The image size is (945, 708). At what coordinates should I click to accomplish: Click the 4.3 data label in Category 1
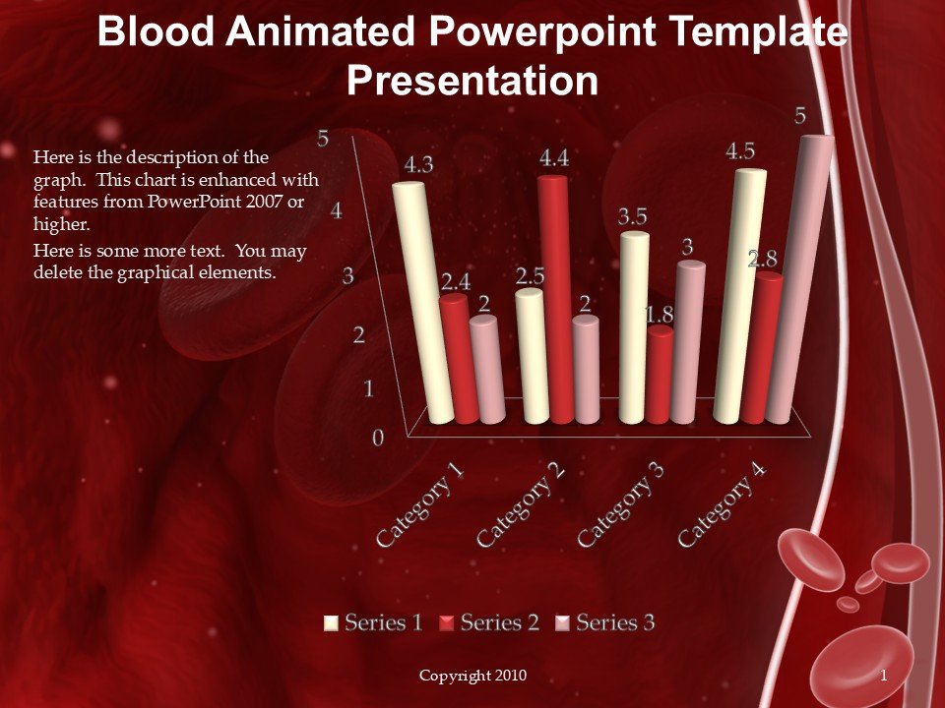(x=418, y=165)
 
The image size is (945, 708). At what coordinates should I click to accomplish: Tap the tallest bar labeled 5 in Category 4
(x=799, y=280)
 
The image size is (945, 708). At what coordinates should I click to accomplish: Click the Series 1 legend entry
(x=373, y=622)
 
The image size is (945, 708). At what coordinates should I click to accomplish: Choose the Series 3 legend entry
(x=604, y=622)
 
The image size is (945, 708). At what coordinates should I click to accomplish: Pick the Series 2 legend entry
(x=489, y=622)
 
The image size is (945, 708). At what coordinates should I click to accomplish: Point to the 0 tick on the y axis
(x=378, y=438)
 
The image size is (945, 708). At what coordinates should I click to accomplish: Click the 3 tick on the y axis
(x=348, y=275)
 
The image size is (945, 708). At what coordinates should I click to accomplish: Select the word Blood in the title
(x=156, y=31)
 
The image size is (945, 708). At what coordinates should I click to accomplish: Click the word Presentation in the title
(x=472, y=80)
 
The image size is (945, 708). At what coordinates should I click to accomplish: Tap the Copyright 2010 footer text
(x=472, y=676)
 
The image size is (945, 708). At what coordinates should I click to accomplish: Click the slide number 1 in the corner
(x=884, y=676)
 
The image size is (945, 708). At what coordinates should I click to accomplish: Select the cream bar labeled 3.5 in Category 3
(x=634, y=327)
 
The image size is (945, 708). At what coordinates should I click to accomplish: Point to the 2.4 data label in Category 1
(x=455, y=282)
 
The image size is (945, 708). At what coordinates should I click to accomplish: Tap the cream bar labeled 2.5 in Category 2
(x=535, y=356)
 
